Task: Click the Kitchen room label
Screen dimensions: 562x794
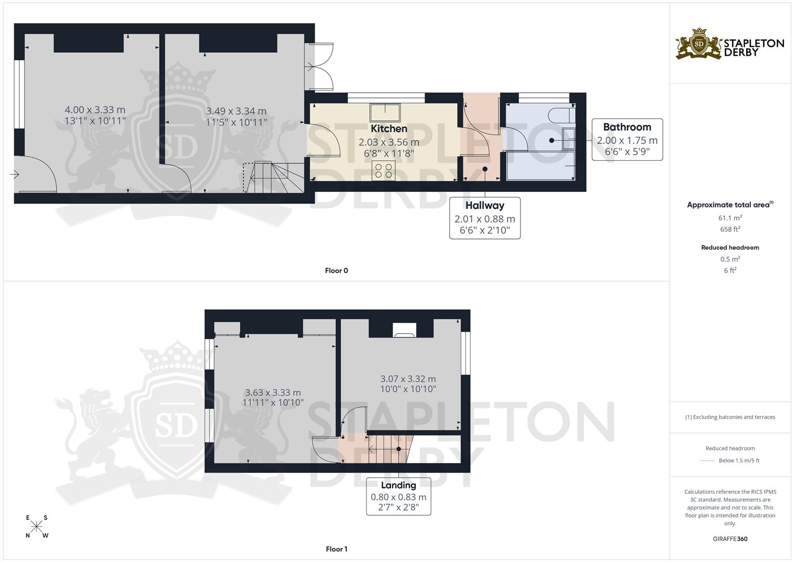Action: click(389, 129)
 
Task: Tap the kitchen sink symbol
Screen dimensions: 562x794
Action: click(385, 112)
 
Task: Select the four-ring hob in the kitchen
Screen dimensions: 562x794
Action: click(384, 171)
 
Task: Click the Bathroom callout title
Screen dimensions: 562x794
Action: click(627, 127)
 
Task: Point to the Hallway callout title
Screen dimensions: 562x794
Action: click(485, 206)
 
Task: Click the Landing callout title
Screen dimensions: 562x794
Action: click(398, 485)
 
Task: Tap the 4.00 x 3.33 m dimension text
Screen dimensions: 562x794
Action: click(95, 110)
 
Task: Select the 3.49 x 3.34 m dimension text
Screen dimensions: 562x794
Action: click(236, 111)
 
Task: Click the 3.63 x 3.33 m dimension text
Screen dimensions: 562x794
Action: click(273, 392)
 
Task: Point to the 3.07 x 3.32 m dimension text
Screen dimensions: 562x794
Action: click(408, 379)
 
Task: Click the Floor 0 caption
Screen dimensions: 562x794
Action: click(336, 271)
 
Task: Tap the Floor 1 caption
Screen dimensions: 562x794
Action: click(336, 549)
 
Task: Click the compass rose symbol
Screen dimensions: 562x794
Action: click(37, 527)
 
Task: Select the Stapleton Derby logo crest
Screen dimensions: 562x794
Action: click(699, 44)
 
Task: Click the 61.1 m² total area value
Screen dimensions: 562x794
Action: click(730, 219)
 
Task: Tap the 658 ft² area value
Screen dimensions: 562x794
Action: click(730, 229)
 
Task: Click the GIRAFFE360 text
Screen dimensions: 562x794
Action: click(730, 539)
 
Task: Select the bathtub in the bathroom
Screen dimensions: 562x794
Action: click(541, 166)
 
